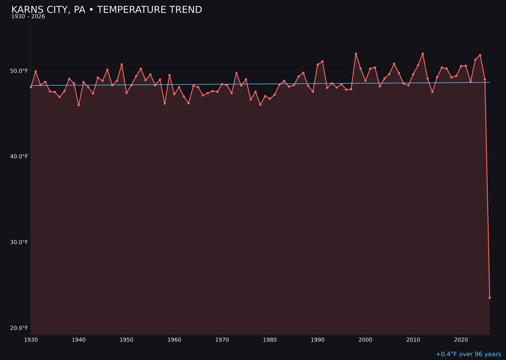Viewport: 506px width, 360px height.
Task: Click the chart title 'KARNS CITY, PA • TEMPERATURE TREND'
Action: point(106,10)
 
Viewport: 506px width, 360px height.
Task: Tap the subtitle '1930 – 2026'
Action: point(28,17)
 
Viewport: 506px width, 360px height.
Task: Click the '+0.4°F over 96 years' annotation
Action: point(468,354)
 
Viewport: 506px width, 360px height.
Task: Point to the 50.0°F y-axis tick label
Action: point(19,71)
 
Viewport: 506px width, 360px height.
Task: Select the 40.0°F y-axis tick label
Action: point(19,157)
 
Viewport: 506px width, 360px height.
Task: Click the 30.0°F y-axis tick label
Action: point(19,242)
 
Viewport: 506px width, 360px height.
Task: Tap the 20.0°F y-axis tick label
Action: point(19,328)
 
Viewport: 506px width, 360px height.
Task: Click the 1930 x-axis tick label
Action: point(31,340)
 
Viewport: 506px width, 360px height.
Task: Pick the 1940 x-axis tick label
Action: point(79,340)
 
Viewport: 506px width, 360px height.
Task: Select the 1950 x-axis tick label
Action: point(126,340)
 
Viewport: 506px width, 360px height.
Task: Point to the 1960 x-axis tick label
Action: point(174,340)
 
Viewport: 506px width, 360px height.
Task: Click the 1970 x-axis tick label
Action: point(222,340)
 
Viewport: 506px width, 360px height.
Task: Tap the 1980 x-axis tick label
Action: point(270,340)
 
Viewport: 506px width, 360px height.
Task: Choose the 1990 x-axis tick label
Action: point(318,340)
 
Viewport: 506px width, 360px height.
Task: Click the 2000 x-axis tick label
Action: point(365,340)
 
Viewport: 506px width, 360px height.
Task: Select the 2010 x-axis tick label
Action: point(413,340)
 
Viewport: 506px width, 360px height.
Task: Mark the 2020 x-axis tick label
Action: point(461,340)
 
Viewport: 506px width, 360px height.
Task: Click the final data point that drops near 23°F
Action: point(490,298)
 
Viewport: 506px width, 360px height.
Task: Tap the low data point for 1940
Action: point(79,105)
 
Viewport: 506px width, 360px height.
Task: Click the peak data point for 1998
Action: point(356,54)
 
